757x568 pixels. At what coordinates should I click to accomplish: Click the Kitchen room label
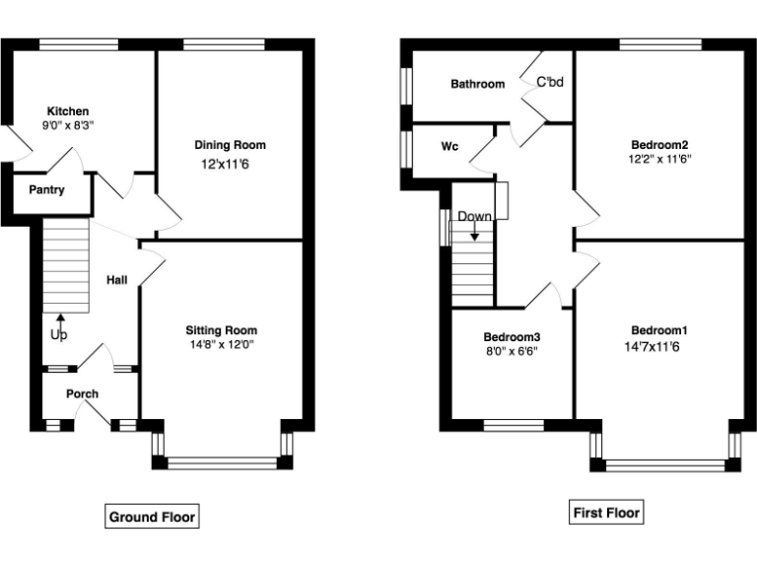[67, 111]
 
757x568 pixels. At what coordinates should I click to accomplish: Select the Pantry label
[46, 189]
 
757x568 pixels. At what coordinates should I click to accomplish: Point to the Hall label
[116, 281]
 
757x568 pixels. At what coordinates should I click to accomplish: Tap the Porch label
[82, 394]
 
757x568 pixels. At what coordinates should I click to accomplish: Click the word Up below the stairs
[58, 335]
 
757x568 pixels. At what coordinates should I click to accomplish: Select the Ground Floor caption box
[152, 517]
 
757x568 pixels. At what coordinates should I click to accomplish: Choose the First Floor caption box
[606, 513]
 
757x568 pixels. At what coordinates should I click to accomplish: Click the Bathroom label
[477, 85]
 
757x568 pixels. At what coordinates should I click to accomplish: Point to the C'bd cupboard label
[549, 83]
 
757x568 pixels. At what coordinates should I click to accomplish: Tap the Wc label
[449, 147]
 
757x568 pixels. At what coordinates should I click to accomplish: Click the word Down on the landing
[474, 216]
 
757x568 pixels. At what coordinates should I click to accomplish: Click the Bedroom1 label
[659, 330]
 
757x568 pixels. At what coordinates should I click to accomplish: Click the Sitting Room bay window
[223, 460]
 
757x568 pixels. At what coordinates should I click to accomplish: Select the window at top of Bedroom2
[659, 44]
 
